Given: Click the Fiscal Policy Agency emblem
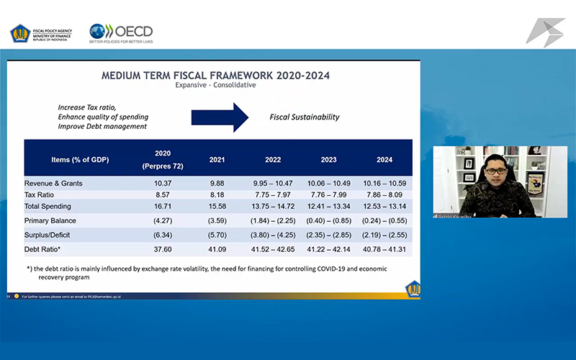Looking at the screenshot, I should [x=19, y=33].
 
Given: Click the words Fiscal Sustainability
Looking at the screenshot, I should [x=305, y=117].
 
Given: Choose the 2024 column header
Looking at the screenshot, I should [x=385, y=159].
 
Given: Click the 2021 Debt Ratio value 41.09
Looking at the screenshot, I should [x=217, y=248].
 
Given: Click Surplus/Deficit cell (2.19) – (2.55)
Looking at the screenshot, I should [x=385, y=234].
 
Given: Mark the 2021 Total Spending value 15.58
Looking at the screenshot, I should [x=217, y=207].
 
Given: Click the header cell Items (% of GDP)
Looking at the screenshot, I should [x=80, y=159].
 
